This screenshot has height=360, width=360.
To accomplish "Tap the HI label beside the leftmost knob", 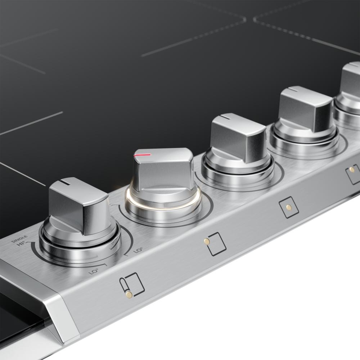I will click(22, 246).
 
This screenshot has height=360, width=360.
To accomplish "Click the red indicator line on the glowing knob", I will click(142, 155).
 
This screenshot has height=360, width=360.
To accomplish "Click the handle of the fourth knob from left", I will click(306, 108).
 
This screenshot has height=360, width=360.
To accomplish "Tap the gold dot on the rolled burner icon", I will click(129, 295).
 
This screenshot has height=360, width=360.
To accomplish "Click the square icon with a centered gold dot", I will click(289, 207).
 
